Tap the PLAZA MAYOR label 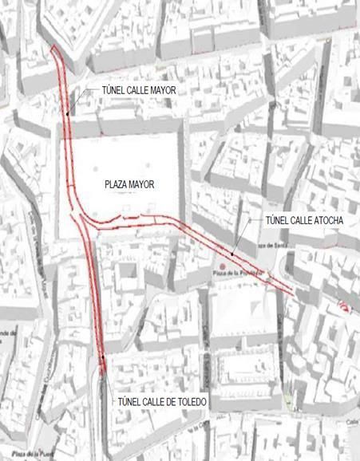coord(129,184)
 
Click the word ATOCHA coord(324,219)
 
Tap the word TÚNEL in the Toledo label coord(130,402)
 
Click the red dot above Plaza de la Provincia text coord(220,266)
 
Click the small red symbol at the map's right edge coord(344,305)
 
